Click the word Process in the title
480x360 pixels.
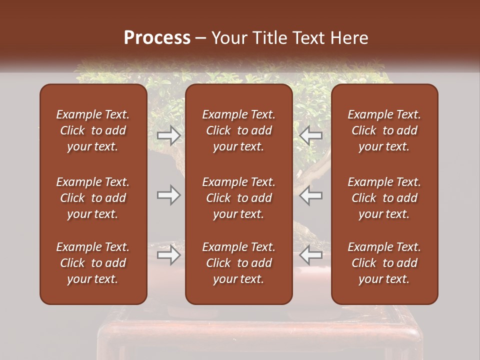157,38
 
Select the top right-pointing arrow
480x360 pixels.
169,135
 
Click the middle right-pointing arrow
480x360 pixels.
169,195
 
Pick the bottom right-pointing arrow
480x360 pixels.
169,255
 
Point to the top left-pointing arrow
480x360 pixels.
311,135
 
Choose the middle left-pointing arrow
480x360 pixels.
311,195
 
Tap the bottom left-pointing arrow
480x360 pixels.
311,255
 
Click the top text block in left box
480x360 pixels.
93,130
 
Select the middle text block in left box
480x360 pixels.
93,198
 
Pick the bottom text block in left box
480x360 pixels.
93,263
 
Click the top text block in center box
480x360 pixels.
239,130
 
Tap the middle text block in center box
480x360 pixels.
239,198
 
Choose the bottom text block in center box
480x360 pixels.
239,263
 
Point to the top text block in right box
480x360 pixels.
384,130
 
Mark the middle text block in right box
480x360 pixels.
384,198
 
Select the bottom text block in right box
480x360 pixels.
384,263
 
